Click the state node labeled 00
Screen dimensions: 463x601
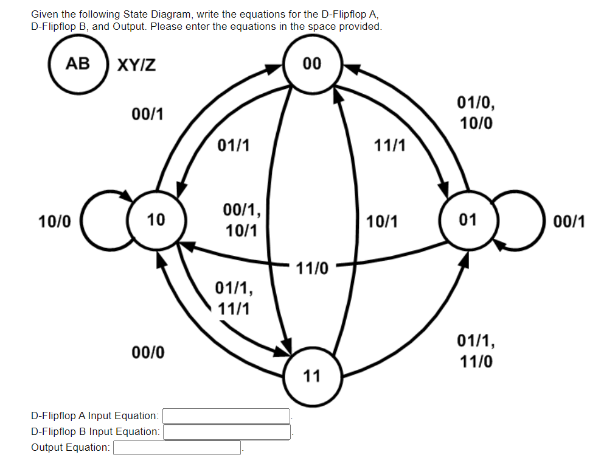click(x=312, y=64)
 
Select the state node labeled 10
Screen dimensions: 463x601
click(x=156, y=219)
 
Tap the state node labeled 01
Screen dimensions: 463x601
click(x=468, y=219)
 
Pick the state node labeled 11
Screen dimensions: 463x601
click(x=312, y=376)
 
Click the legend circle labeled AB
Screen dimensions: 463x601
click(x=78, y=64)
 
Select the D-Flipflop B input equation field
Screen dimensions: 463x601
click(x=226, y=432)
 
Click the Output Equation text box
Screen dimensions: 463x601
click(x=177, y=448)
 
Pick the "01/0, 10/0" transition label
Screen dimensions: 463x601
click(x=476, y=112)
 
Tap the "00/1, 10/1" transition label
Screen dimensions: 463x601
click(x=241, y=221)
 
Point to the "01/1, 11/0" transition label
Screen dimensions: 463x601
click(x=476, y=351)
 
